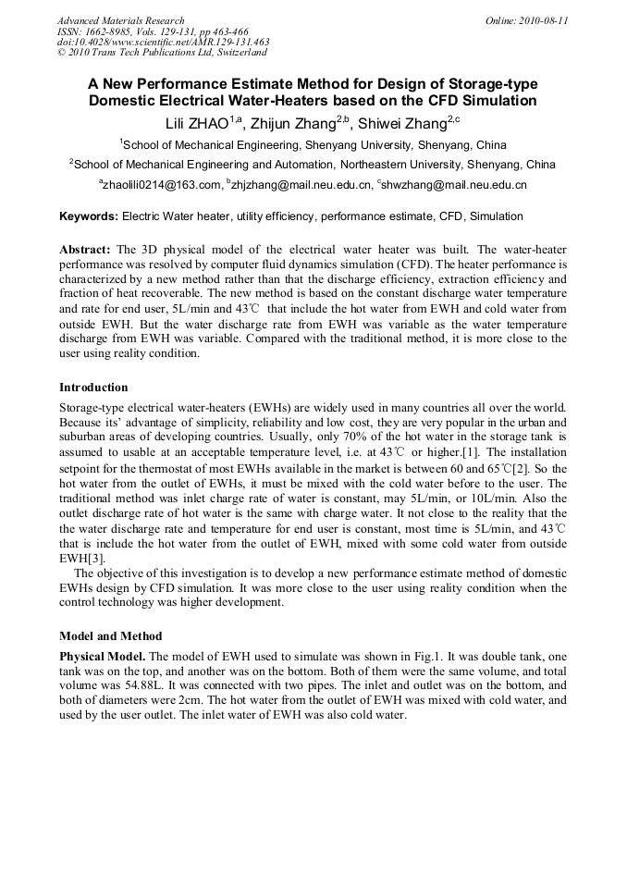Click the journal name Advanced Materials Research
coord(120,20)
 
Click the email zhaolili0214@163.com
coord(163,185)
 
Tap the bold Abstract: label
coord(85,251)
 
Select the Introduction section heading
coord(93,387)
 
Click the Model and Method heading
coord(110,636)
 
